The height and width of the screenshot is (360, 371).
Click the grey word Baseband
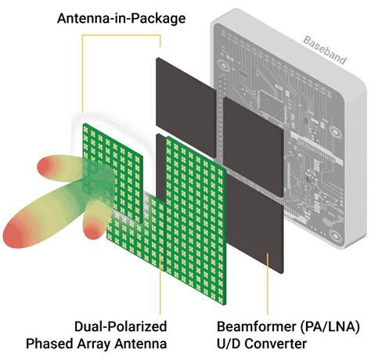(325, 50)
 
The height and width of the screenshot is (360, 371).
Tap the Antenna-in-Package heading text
(121, 19)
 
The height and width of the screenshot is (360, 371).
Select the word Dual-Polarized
(121, 327)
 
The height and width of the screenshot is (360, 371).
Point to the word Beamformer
(257, 326)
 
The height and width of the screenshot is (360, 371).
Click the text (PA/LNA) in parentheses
(330, 326)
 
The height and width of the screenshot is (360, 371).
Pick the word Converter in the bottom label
(276, 344)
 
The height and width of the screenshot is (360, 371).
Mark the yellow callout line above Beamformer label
(268, 283)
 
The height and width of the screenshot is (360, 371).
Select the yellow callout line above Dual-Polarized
(160, 284)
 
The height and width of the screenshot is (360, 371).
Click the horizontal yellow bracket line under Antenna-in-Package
(121, 35)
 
